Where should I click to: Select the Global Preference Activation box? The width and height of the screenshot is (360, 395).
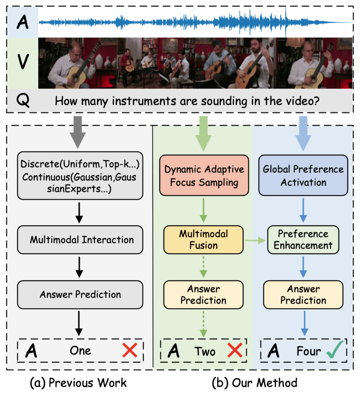click(303, 176)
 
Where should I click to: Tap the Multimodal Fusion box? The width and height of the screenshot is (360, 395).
click(203, 240)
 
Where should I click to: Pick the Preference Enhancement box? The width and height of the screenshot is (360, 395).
click(303, 240)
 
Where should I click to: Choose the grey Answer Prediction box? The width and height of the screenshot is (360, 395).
click(80, 295)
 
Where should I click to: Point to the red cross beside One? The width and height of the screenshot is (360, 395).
click(130, 350)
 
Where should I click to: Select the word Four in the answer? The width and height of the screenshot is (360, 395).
click(309, 351)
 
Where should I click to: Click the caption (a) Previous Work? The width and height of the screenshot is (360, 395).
click(78, 383)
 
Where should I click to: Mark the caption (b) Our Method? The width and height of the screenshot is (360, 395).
click(255, 383)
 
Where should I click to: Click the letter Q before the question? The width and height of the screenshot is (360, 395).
click(22, 101)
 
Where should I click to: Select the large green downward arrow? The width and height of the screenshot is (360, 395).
click(203, 133)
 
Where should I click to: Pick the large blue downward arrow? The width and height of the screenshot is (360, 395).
click(303, 133)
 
